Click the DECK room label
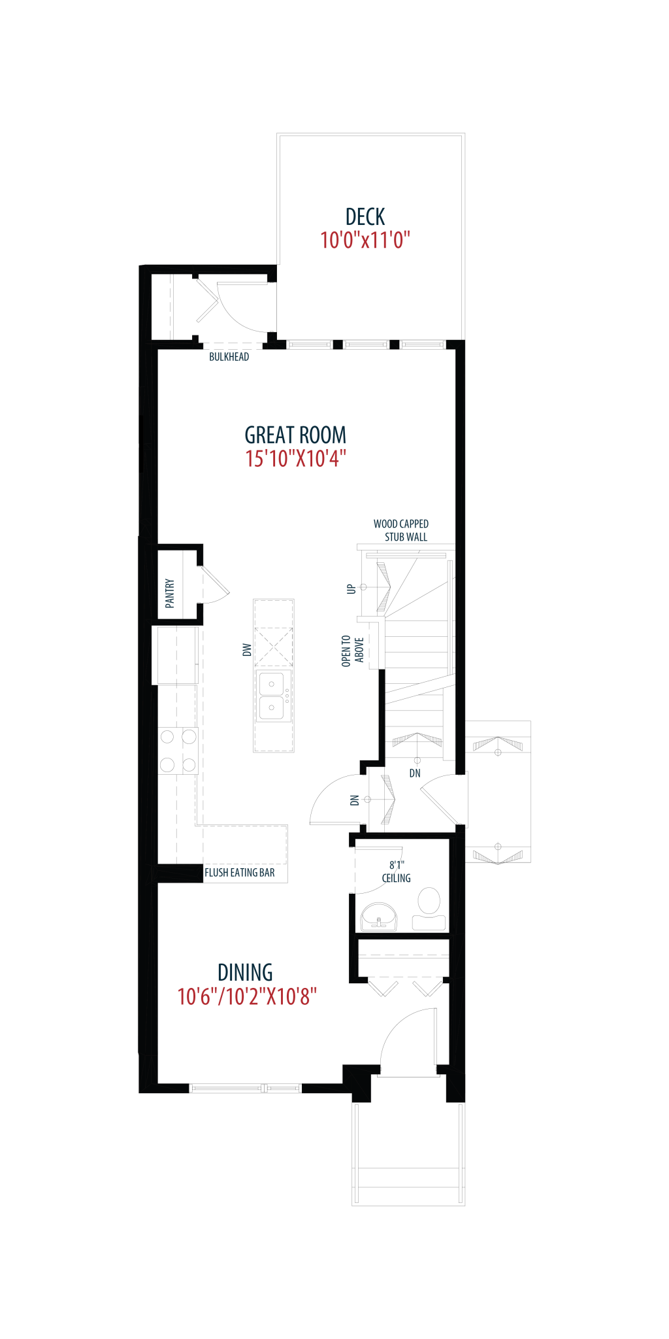[365, 217]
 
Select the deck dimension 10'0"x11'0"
[365, 241]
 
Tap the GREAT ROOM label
[295, 435]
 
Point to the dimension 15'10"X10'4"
[295, 459]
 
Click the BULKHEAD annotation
[229, 357]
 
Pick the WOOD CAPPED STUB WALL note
[401, 530]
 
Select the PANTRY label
[170, 593]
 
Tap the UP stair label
[351, 588]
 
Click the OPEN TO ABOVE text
[353, 651]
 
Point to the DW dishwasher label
[247, 650]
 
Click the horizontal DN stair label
[415, 773]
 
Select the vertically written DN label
[355, 800]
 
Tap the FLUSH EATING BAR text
[240, 873]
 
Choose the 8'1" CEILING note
[397, 872]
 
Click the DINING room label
[245, 973]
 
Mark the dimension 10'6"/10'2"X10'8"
[247, 997]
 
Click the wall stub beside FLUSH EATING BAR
[178, 873]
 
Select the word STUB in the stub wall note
[394, 537]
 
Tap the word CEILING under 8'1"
[397, 878]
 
